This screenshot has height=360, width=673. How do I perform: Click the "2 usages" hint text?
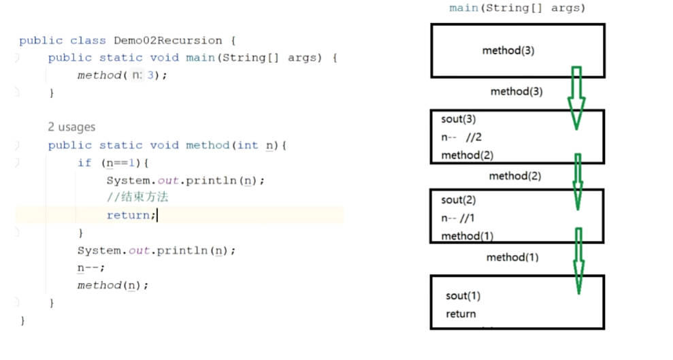[71, 127]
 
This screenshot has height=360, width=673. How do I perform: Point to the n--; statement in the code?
[91, 267]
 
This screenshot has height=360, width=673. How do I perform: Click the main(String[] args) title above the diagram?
[517, 8]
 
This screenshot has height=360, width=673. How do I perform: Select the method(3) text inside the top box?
[508, 50]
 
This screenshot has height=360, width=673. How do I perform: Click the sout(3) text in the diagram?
[459, 119]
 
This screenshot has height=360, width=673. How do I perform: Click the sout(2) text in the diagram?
[459, 200]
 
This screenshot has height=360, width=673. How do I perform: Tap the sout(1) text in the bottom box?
[463, 296]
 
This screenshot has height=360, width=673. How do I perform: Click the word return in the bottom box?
[461, 314]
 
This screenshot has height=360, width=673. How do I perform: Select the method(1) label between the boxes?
[512, 257]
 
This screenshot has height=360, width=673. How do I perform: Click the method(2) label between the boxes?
[515, 176]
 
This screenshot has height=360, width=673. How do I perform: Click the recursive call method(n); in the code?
[112, 285]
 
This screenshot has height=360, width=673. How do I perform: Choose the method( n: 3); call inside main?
[122, 76]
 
